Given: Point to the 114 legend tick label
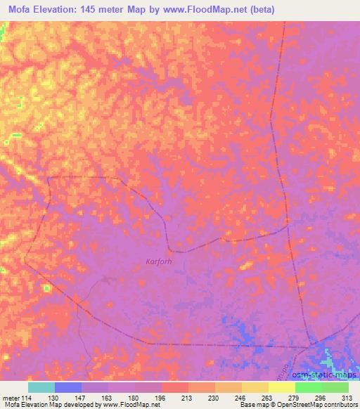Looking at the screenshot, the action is pyautogui.click(x=27, y=397).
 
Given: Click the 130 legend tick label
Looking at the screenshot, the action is pyautogui.click(x=54, y=397).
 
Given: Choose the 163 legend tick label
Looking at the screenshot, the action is pyautogui.click(x=108, y=397).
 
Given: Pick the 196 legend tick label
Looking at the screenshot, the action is pyautogui.click(x=161, y=397).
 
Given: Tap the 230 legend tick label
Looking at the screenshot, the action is pyautogui.click(x=214, y=397).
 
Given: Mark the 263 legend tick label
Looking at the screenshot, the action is pyautogui.click(x=268, y=397).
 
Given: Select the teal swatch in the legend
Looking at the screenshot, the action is pyautogui.click(x=41, y=387).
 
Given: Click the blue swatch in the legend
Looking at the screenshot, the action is pyautogui.click(x=68, y=387).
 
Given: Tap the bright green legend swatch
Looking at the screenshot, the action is pyautogui.click(x=309, y=387).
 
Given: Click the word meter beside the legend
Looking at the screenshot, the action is pyautogui.click(x=11, y=397).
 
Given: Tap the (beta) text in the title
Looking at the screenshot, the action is pyautogui.click(x=259, y=9).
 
